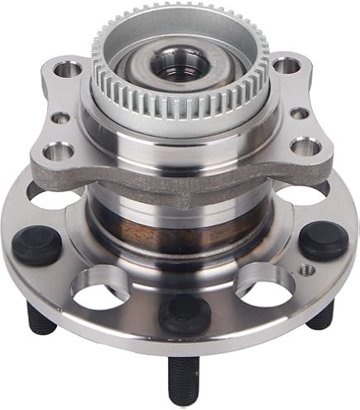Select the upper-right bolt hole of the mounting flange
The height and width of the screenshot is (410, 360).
point(286,64)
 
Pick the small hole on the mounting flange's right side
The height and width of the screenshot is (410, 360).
point(300,113)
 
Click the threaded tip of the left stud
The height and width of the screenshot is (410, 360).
point(42,319)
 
